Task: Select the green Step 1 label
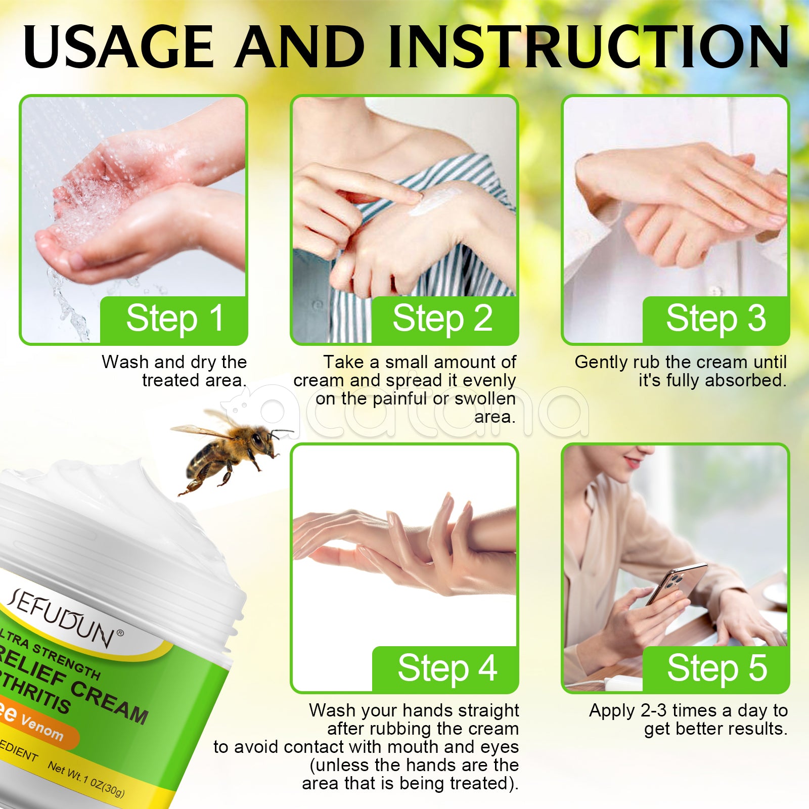(174, 319)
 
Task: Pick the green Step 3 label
(715, 319)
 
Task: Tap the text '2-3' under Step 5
(653, 711)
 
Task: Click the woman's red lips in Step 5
(633, 462)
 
